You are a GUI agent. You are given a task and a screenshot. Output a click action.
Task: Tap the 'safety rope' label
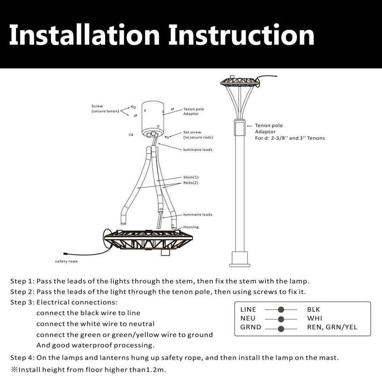[66, 261]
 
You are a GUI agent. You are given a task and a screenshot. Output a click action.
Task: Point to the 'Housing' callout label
[191, 227]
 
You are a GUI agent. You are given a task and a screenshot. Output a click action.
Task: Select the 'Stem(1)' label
[191, 177]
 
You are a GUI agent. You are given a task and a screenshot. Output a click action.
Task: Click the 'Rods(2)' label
[191, 183]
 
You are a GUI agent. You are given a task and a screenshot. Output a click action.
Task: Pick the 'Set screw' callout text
[192, 132]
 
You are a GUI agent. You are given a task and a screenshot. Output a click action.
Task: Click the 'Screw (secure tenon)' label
[105, 109]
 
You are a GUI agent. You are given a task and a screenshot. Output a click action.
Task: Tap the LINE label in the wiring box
[248, 310]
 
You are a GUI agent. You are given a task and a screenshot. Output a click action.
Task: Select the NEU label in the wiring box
[248, 318]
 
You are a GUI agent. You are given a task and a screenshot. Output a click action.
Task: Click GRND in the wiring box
[251, 327]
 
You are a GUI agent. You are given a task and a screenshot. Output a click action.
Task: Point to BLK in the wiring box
[314, 310]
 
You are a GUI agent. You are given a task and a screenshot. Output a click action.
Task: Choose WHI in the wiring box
[314, 318]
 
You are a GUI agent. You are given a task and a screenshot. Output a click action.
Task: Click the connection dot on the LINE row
[281, 310]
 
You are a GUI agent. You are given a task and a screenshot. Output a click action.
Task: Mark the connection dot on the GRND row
[281, 328]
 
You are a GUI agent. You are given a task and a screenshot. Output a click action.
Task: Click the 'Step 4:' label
[22, 358]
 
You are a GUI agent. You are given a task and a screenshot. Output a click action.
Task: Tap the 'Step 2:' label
[22, 292]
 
